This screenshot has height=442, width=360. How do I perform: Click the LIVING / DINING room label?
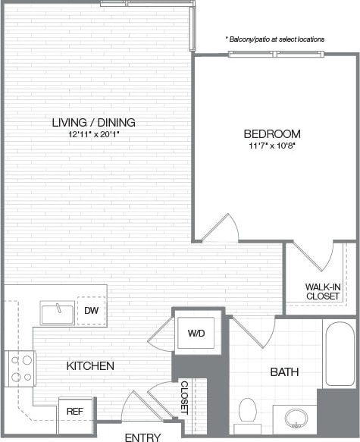tap(94, 122)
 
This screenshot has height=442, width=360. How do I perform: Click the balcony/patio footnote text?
tap(274, 39)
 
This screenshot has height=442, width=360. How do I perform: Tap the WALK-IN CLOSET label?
tap(322, 291)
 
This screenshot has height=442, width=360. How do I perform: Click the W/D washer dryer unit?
tap(196, 333)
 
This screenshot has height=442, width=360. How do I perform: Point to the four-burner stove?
tap(20, 368)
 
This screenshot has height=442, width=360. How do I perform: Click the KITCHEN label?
tap(90, 366)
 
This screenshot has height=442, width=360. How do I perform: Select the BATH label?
tap(284, 372)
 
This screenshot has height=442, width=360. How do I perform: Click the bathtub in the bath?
tap(338, 353)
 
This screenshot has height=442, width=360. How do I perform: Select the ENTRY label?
tap(142, 437)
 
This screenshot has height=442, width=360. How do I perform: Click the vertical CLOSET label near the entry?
tap(184, 397)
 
